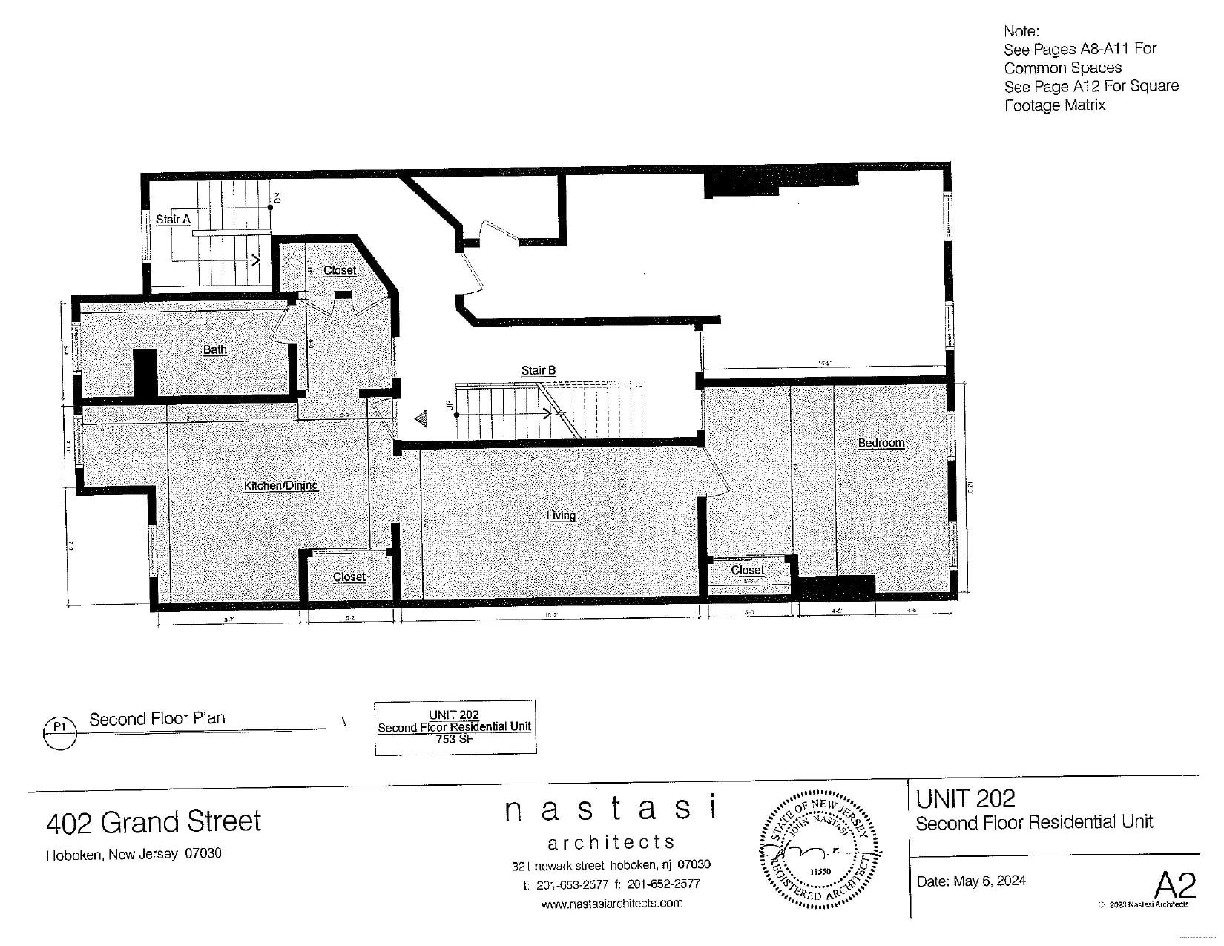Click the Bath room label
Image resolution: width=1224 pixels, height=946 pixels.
click(215, 349)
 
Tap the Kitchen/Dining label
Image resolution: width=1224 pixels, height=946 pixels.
click(280, 485)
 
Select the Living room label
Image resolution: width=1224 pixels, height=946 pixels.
click(561, 516)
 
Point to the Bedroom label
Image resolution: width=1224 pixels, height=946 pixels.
click(881, 443)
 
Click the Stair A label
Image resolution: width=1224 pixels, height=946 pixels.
click(173, 219)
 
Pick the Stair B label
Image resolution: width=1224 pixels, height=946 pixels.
click(538, 370)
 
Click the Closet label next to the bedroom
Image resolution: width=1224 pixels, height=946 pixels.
click(747, 570)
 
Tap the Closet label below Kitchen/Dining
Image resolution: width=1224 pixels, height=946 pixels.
click(349, 577)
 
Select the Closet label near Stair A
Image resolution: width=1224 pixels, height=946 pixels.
click(340, 270)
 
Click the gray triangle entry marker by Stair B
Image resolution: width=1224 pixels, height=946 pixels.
click(421, 419)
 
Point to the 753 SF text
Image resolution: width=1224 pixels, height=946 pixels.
click(455, 739)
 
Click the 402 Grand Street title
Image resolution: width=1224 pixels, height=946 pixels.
click(154, 822)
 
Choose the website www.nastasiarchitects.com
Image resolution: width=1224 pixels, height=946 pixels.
click(611, 903)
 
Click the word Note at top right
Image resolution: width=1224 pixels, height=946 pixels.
click(1021, 31)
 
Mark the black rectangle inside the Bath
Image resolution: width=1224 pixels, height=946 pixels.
click(145, 373)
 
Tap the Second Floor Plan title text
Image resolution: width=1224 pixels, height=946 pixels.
click(157, 718)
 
